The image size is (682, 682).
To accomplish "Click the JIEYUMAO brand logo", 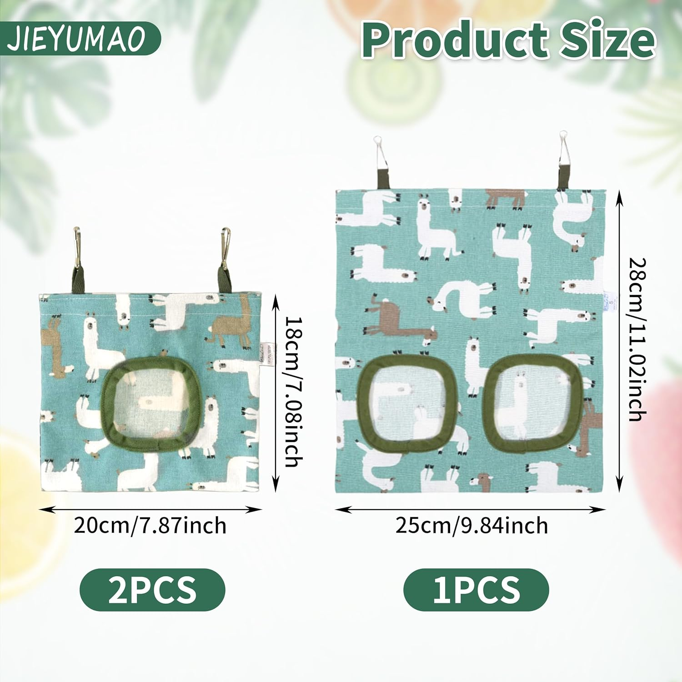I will point(77,39).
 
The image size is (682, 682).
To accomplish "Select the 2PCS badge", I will point(152,590).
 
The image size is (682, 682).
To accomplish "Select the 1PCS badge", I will point(476,590).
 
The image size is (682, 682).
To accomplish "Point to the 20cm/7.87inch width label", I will point(150,526).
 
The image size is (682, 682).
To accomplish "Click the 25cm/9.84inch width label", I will point(471,526).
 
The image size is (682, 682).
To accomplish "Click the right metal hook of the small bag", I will point(225,248).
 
